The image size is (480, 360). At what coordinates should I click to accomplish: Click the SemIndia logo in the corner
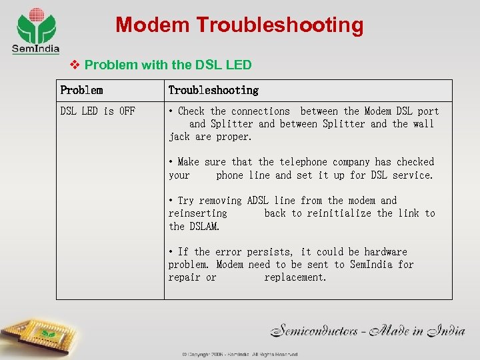(x=37, y=30)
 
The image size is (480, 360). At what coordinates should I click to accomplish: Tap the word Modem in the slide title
(x=152, y=25)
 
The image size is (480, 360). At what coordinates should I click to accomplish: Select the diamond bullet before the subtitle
(x=75, y=65)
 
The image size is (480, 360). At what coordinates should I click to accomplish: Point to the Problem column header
(x=81, y=90)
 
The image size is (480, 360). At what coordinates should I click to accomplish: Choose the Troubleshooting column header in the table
(x=213, y=90)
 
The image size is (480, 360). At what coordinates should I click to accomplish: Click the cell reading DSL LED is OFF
(x=97, y=111)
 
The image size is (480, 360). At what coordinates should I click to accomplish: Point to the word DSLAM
(x=203, y=226)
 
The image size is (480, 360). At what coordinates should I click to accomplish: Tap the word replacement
(x=295, y=277)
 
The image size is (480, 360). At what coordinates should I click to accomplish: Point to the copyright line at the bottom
(x=240, y=355)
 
